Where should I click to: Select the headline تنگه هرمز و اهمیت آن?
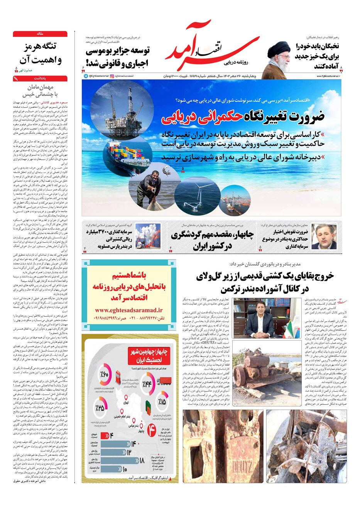40,53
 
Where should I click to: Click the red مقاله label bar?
40,34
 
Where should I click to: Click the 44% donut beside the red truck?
147,384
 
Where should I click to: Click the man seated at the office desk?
258,319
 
